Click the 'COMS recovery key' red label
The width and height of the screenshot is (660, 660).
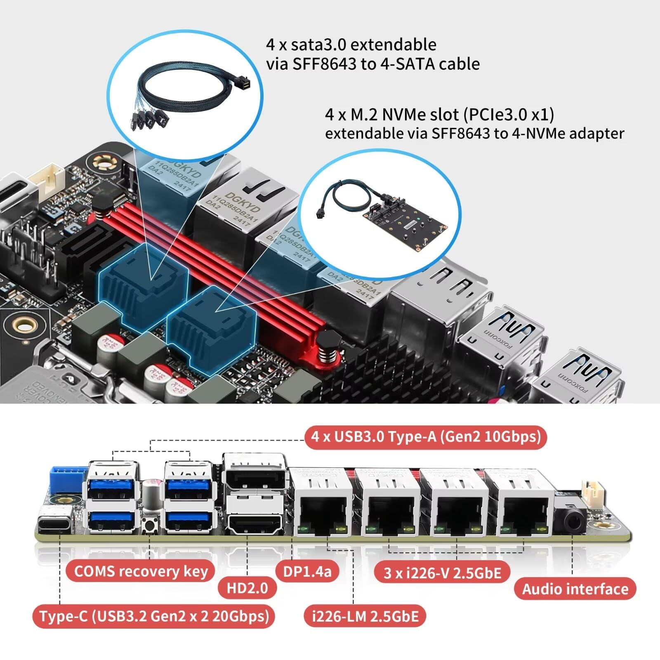pyautogui.click(x=141, y=571)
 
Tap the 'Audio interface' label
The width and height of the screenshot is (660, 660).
pyautogui.click(x=575, y=589)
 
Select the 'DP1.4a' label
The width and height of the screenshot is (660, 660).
pyautogui.click(x=307, y=571)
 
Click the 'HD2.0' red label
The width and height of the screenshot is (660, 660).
pyautogui.click(x=247, y=588)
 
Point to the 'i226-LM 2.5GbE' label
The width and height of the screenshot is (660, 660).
pyautogui.click(x=365, y=616)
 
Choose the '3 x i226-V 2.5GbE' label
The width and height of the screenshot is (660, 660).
pyautogui.click(x=442, y=573)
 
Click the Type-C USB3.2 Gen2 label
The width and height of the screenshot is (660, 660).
pyautogui.click(x=154, y=616)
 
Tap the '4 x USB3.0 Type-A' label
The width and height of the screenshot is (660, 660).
pyautogui.click(x=426, y=436)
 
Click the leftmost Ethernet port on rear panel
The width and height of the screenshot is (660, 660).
pyautogui.click(x=321, y=514)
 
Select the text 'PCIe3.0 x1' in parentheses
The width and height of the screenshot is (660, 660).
pyautogui.click(x=509, y=115)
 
